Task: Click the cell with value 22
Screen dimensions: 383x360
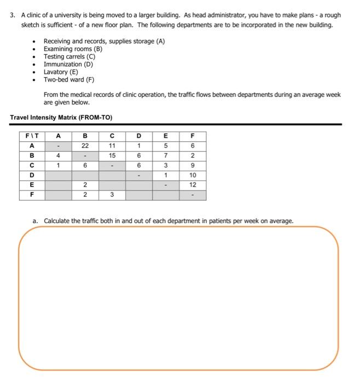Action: point(85,146)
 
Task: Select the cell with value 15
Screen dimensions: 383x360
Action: point(112,155)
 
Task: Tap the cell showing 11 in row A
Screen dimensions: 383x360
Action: point(112,146)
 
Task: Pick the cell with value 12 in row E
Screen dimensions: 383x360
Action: point(193,185)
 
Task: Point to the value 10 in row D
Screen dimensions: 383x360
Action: point(193,175)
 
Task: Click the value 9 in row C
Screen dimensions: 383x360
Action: point(193,165)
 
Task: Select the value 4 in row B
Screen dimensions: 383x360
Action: point(58,155)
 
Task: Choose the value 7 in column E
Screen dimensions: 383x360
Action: point(166,155)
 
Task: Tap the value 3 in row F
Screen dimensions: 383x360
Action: point(112,195)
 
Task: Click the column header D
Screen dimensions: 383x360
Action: point(139,136)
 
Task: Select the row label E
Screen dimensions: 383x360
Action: point(32,185)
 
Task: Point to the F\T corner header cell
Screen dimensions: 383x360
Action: point(32,136)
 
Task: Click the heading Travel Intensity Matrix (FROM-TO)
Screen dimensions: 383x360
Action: point(61,117)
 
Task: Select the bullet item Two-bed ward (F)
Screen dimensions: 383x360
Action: point(69,79)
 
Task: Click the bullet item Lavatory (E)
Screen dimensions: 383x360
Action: point(61,72)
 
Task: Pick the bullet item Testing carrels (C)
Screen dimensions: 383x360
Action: point(69,56)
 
